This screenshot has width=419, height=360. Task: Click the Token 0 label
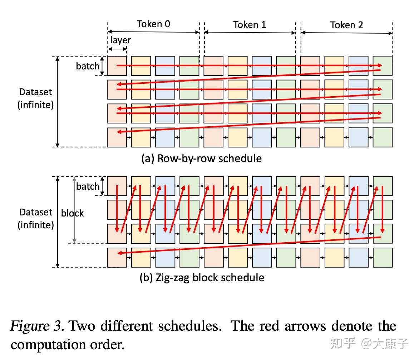coord(153,24)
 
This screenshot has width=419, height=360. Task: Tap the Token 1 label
coord(250,25)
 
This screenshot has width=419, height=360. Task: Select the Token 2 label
coord(346,25)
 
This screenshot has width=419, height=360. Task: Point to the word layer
coord(120,40)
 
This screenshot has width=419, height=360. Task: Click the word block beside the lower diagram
coord(72,213)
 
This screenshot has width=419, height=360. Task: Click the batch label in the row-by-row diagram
coord(88,66)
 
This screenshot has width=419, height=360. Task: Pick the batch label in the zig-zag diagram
coord(88,186)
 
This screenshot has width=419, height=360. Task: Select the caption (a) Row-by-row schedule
coord(202,158)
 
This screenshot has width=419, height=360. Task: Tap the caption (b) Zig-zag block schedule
coord(202,278)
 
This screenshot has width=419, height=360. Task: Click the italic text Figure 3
coord(37,326)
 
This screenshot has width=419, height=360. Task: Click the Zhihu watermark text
coord(369,343)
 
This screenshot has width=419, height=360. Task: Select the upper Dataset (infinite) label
coord(35,98)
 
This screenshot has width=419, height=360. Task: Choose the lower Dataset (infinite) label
coord(35,219)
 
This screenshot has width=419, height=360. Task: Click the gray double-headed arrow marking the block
coord(75,210)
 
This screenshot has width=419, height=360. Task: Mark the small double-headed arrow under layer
coord(117,49)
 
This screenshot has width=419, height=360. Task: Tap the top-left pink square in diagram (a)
coord(117,66)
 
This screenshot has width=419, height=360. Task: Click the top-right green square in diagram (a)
coord(383,66)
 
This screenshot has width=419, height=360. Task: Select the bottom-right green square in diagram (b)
coord(383,258)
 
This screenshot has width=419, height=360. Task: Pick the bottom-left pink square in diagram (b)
coord(117,258)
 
